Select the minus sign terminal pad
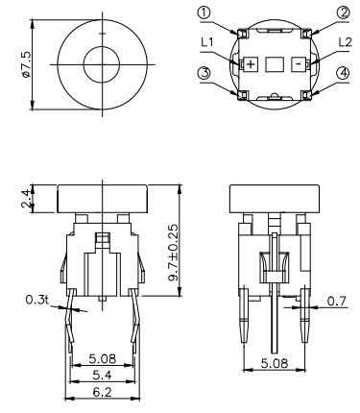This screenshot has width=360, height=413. (x=299, y=63)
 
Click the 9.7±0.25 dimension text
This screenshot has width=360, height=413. (x=173, y=252)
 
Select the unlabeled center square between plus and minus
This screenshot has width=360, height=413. (x=275, y=63)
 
